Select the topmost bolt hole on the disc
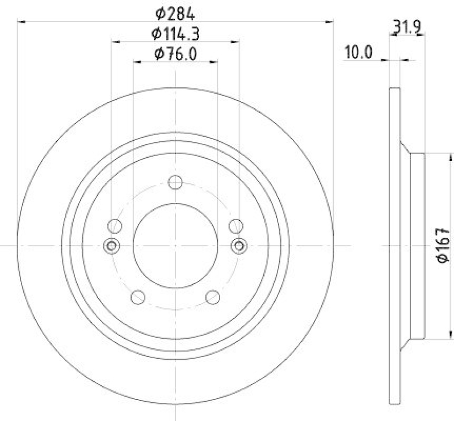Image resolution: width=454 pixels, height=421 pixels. click(x=175, y=182)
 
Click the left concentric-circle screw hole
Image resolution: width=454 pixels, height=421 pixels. click(x=111, y=245)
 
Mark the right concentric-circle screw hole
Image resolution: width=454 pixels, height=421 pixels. click(x=239, y=245)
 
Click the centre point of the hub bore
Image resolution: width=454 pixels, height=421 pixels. click(x=175, y=245)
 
